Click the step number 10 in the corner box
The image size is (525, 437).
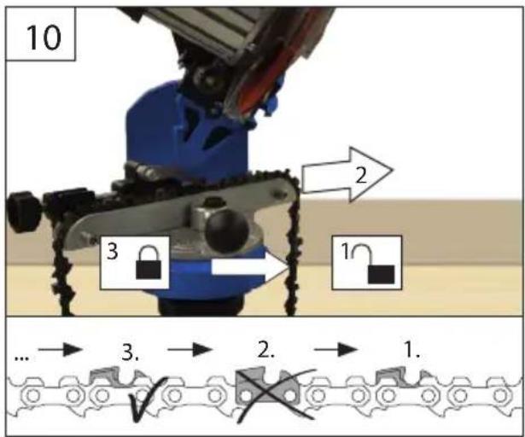coord(44,37)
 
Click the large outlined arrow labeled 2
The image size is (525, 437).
coord(347,174)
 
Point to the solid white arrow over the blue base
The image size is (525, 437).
coord(250,267)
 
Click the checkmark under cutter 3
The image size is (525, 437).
coord(146,399)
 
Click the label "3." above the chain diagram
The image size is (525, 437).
coord(131,353)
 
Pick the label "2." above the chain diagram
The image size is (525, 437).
coord(266,350)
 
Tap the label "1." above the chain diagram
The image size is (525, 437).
coord(411,350)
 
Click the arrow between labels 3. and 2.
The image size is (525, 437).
coord(190,350)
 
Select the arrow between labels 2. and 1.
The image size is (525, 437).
coord(335,350)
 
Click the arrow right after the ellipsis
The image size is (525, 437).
coord(61,350)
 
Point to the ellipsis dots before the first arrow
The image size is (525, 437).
coord(21,358)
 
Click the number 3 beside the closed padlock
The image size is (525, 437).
coord(113,251)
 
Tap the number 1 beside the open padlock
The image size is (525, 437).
coord(345,250)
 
